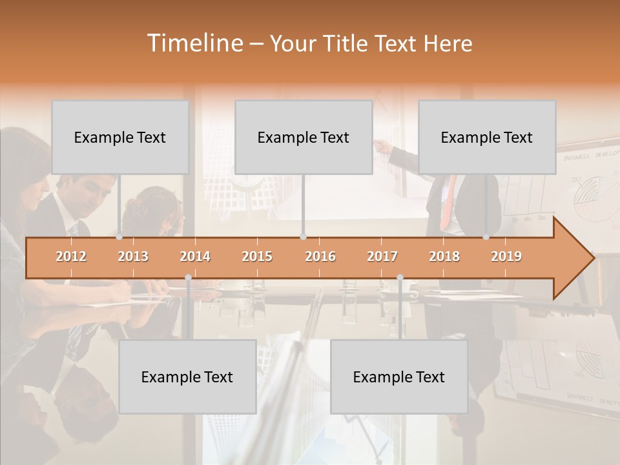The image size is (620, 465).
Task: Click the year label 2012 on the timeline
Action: coord(71,256)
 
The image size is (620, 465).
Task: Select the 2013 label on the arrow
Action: coord(133,256)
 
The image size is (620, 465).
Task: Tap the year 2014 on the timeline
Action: coord(195,256)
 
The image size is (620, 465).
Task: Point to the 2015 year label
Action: coord(257,256)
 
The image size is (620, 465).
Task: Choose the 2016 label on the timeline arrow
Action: coord(320,256)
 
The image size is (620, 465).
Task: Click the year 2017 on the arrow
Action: coord(382,256)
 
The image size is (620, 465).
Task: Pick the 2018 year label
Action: coord(444,256)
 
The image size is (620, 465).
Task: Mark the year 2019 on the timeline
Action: coord(506,256)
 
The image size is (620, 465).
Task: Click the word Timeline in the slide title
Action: coord(194,43)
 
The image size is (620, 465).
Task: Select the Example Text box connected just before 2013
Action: coord(120,137)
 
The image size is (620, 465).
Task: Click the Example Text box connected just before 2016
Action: coord(304,137)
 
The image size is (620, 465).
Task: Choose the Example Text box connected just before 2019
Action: coord(487,137)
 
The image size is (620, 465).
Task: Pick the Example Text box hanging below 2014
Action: coord(187,377)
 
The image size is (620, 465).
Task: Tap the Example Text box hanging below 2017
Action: coord(399,377)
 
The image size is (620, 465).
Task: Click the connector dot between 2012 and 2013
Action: coord(119,237)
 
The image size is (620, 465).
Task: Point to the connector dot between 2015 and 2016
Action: coord(303,237)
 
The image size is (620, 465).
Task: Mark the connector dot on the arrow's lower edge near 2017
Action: coord(400,278)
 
